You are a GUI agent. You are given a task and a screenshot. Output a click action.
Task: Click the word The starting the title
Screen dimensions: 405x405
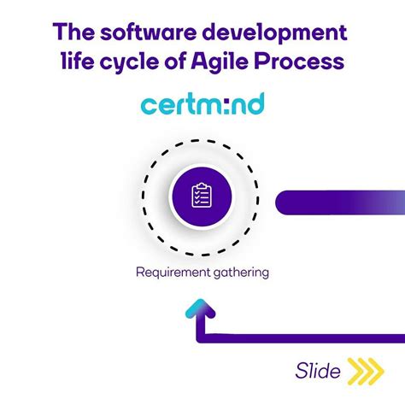click(73, 34)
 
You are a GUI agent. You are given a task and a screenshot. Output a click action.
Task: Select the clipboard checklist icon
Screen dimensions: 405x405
click(202, 196)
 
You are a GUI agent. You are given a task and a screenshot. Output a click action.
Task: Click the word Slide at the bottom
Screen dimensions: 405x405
click(318, 371)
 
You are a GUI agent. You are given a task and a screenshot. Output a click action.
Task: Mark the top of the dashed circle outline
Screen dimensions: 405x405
click(202, 138)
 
